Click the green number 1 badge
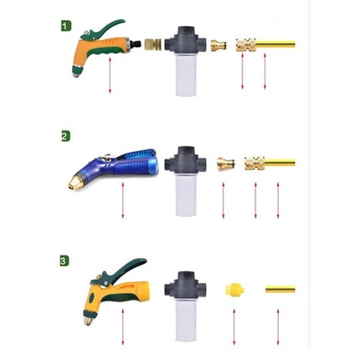click(x=66, y=26)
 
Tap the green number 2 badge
click(x=65, y=136)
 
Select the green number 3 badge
click(x=64, y=261)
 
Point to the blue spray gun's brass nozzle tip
click(x=74, y=183)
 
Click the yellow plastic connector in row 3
click(x=235, y=290)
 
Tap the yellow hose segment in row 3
click(x=280, y=289)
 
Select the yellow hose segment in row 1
click(x=275, y=44)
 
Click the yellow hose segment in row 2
click(x=280, y=162)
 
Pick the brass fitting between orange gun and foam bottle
click(x=153, y=44)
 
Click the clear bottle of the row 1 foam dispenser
click(x=186, y=75)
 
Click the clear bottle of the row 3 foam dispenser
click(x=186, y=321)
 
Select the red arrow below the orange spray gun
click(x=110, y=75)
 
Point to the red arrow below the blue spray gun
click(x=122, y=200)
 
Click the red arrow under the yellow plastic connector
click(x=234, y=327)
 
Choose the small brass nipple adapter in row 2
click(x=226, y=163)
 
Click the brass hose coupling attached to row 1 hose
click(x=246, y=45)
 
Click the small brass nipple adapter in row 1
click(x=219, y=45)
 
